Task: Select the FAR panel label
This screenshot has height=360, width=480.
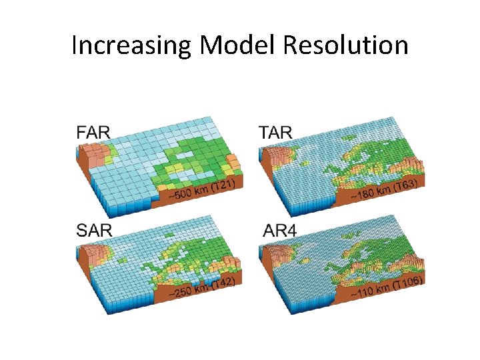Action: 93,132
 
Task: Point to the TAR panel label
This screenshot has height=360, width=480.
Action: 275,132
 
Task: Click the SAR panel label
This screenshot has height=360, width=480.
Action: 94,231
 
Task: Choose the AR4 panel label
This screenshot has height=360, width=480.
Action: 275,231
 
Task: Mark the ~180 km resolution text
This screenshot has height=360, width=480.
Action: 371,193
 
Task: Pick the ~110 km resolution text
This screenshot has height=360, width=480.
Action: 371,290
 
